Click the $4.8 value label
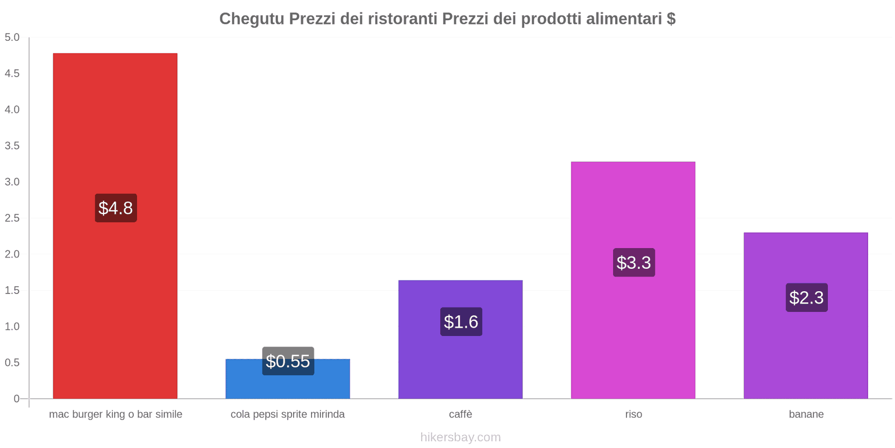point(116,208)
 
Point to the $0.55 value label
point(288,361)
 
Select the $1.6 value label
point(461,321)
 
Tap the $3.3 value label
point(634,262)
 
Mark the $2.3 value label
point(806,297)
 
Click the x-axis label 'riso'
point(634,414)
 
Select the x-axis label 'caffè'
point(460,414)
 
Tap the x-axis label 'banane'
point(806,414)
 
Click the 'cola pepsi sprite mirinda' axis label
point(288,414)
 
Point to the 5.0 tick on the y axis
point(12,38)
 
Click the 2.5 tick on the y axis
point(12,218)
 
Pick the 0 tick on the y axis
point(17,399)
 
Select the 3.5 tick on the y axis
point(12,146)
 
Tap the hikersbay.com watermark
point(460,437)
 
